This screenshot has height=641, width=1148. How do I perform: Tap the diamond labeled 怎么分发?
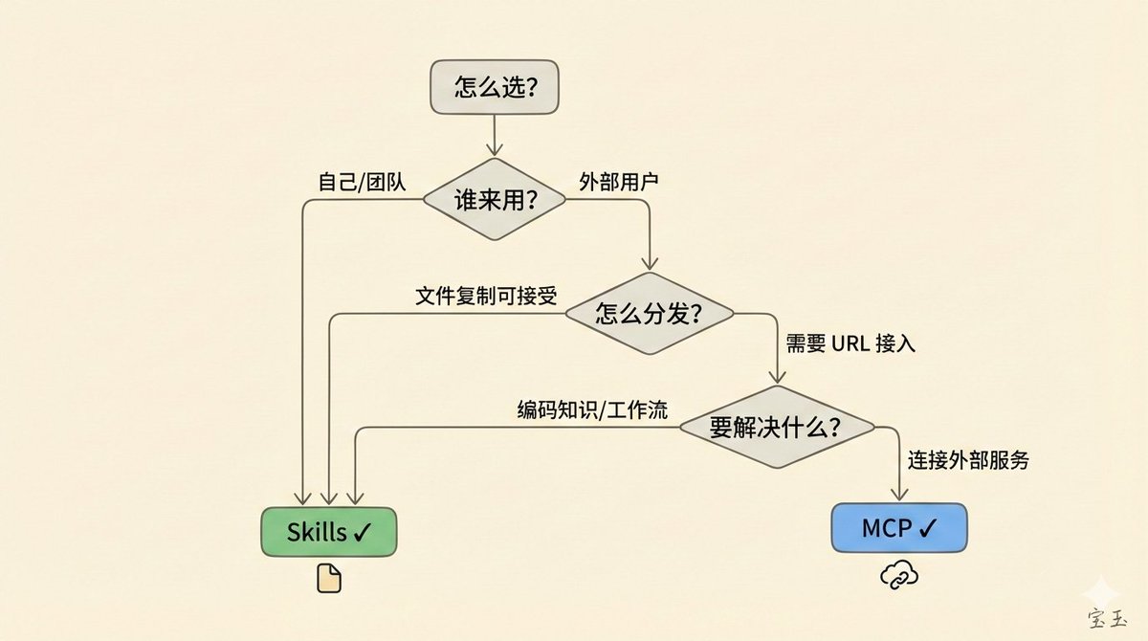coord(650,314)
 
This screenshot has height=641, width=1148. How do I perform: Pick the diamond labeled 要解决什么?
coord(776,428)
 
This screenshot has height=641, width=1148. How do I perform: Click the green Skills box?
coord(328,531)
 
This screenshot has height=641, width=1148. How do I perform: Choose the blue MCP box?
coord(899,527)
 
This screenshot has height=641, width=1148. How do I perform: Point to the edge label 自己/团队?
coord(362,181)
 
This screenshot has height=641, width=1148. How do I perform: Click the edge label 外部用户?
coord(619,181)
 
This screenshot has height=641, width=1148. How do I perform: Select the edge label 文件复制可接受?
coord(485,295)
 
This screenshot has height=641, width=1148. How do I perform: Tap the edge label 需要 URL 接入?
coord(850,344)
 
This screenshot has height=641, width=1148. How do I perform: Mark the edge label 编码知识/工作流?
coord(592,409)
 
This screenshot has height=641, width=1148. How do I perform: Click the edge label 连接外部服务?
coord(968,460)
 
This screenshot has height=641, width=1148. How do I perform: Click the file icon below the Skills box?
coord(328,578)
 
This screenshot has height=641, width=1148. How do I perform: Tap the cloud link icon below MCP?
coord(899,574)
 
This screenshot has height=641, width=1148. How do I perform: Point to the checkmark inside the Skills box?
coord(361,532)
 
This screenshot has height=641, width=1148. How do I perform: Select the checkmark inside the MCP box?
coord(927,528)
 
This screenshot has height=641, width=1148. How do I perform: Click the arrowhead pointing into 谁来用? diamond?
coord(494,150)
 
